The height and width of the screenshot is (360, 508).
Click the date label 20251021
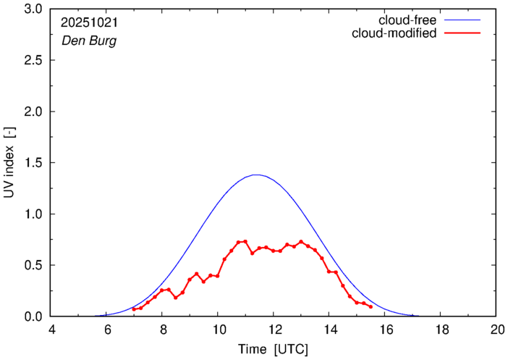point(88,23)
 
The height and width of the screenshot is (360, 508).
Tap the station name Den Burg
point(88,41)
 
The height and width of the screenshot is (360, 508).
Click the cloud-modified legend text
point(394,33)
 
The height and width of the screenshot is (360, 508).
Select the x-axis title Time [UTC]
point(274,349)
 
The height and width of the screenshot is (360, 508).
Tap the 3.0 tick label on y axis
point(33,9)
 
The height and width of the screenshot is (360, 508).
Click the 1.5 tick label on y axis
point(33,163)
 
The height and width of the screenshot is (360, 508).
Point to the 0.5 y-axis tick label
point(33,265)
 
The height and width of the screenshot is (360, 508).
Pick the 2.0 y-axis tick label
point(33,112)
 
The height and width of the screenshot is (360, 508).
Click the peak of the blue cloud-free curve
point(255,175)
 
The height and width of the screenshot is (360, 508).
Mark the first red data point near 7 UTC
point(134,309)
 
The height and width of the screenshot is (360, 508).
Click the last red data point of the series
point(371,307)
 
